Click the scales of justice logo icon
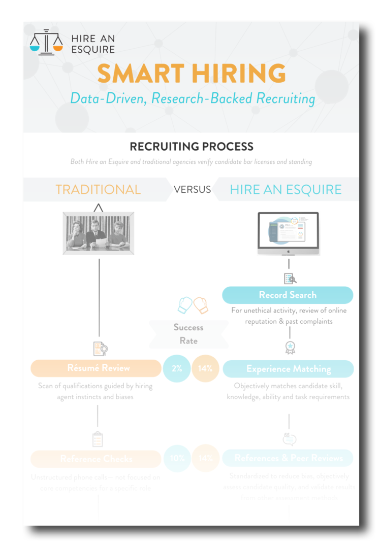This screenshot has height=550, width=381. point(46,43)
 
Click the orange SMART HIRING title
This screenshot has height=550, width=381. point(192,74)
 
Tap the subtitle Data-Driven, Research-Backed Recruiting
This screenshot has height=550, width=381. point(193,98)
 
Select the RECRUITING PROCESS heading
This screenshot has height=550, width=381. point(192,147)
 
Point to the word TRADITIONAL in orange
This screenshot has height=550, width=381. point(98,190)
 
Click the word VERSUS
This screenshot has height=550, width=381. point(192,190)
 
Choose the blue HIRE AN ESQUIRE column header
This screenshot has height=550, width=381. point(285,190)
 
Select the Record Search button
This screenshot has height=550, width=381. point(288,295)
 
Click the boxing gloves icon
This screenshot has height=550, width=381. point(193,305)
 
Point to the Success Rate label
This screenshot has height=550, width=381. point(188,334)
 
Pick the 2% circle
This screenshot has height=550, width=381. point(177,368)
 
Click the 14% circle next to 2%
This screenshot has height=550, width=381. point(205,368)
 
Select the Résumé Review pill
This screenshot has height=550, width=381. point(96,368)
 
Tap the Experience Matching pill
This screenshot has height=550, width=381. point(288,369)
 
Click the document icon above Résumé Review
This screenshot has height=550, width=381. point(100,349)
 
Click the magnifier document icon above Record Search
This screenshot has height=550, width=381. point(290,279)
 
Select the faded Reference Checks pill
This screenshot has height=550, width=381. point(96,459)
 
